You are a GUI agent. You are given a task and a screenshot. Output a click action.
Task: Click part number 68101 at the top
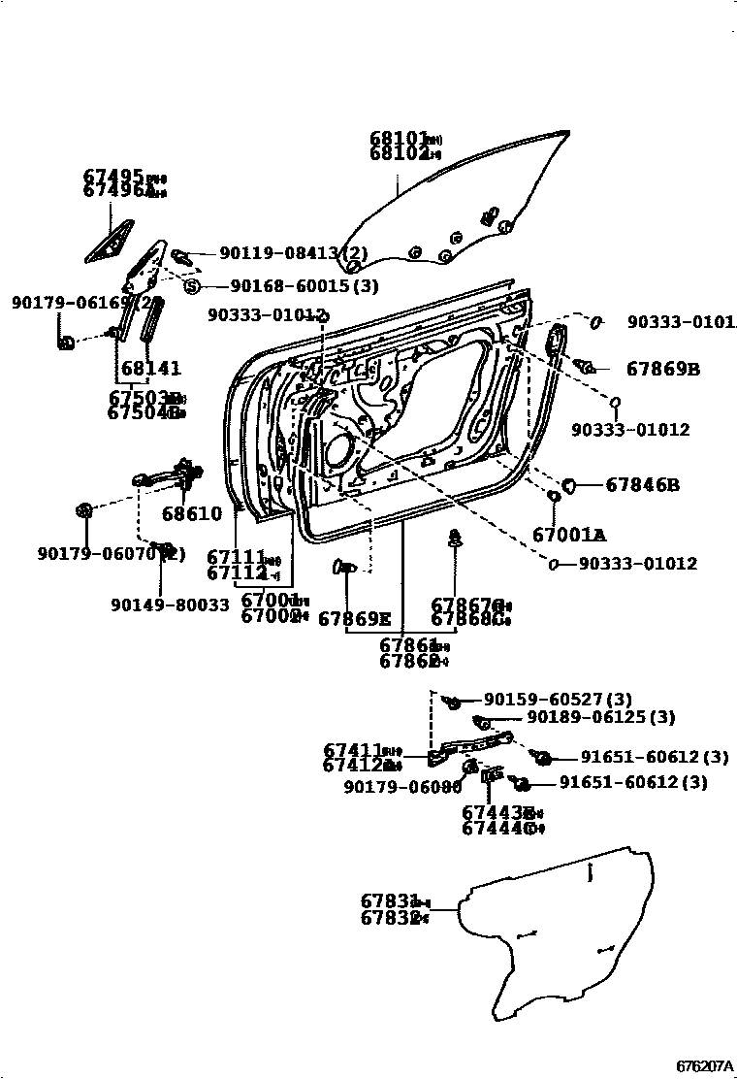click(399, 139)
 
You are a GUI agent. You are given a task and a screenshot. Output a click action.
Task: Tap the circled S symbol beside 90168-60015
click(191, 285)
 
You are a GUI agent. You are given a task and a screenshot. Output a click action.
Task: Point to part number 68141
click(150, 370)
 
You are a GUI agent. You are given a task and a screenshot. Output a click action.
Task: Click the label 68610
click(191, 513)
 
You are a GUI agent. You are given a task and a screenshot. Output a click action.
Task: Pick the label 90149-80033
click(170, 605)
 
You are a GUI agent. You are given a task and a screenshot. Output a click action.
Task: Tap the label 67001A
click(568, 535)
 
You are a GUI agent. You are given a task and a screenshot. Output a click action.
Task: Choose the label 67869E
click(354, 618)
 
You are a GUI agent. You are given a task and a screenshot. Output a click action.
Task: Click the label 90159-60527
click(544, 699)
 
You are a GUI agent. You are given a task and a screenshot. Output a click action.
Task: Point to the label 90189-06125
click(601, 717)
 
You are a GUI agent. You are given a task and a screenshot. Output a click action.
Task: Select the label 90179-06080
click(402, 787)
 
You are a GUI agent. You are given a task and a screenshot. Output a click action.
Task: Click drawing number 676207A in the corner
click(705, 1065)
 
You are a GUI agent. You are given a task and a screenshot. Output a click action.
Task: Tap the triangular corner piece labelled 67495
click(107, 243)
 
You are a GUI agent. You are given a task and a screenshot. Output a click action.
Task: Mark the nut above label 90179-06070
click(83, 510)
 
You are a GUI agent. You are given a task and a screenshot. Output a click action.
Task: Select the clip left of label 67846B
click(570, 482)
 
